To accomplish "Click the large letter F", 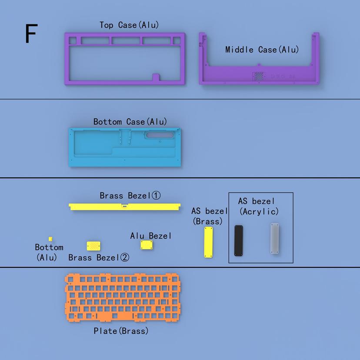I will pos(31,34).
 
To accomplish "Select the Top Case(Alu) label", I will pos(129,25).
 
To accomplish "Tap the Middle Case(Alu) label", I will pos(262,50).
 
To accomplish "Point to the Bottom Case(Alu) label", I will pos(130,122).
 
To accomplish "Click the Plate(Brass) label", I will pos(121,331).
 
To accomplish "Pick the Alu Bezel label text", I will pos(150,236).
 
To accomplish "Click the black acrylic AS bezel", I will pos(239,240).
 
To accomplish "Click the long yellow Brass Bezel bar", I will pos(125,207).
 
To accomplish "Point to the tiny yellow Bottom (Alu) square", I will pos(50,239).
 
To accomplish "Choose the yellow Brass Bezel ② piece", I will pos(93,247).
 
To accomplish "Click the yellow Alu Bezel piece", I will pos(147,245).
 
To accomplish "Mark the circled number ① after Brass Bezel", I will pos(156,196).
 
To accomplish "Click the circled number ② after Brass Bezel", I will pos(124,257).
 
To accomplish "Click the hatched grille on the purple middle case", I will pos(259,76).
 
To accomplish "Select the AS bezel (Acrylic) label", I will pos(259,207).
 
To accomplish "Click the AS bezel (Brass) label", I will pos(209,216).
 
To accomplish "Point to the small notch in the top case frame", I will pos(156,77).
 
